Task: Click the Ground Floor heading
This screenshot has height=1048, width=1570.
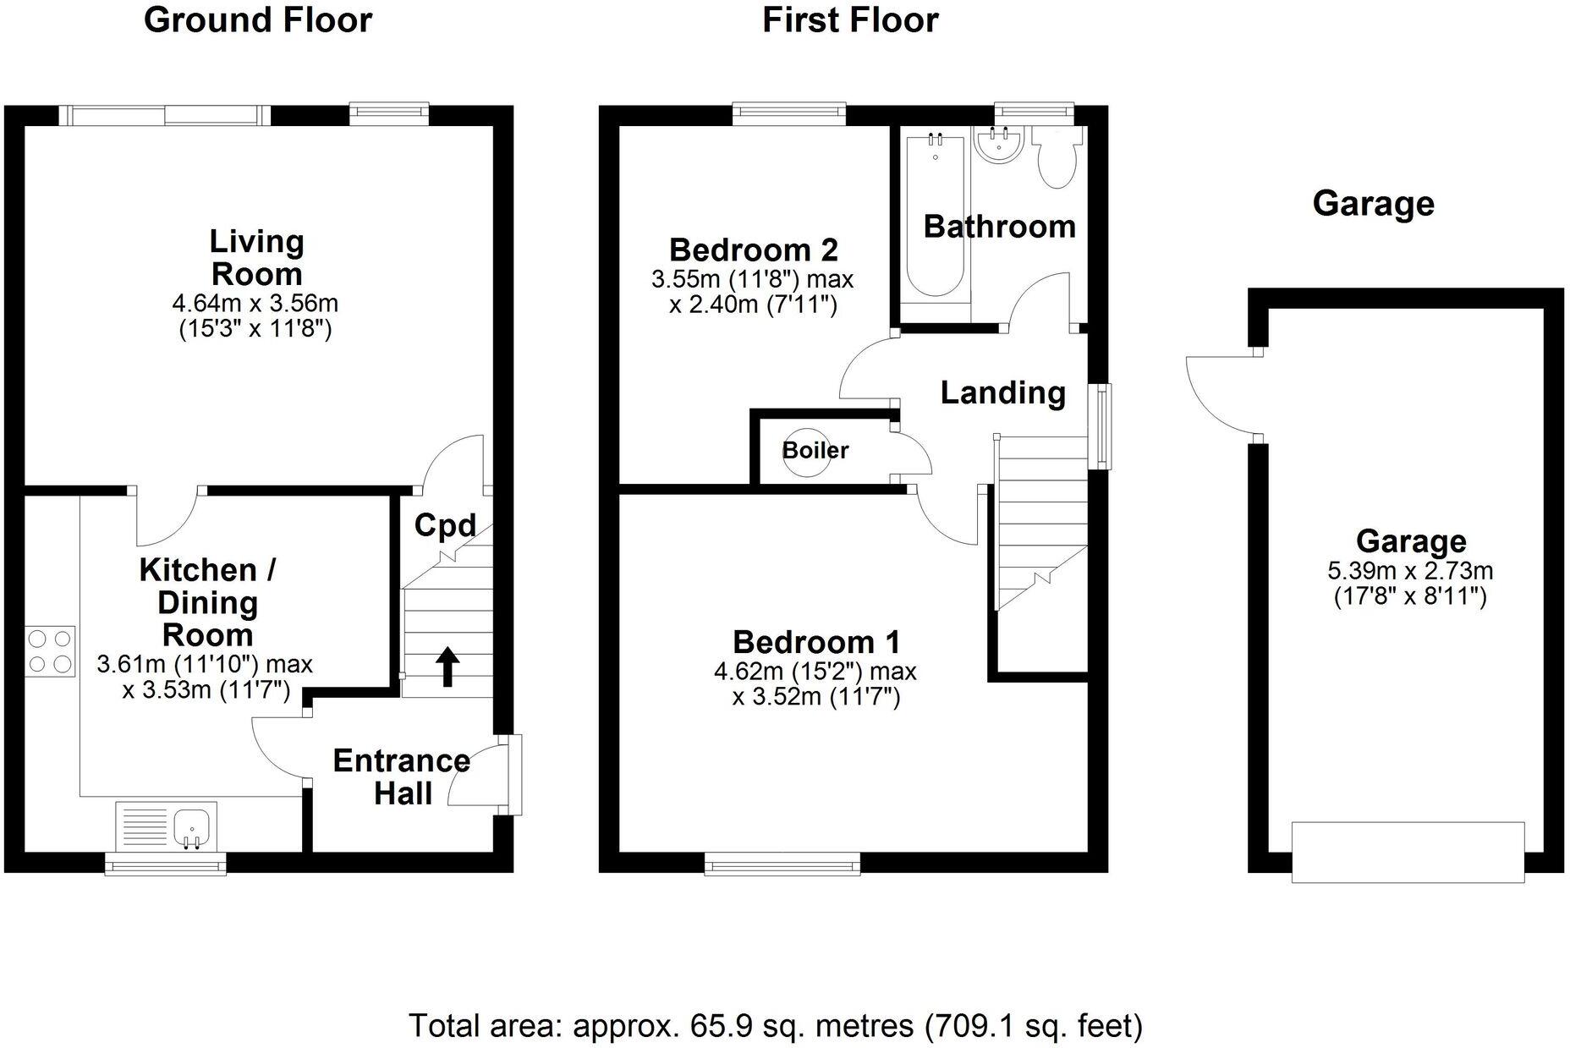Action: pos(257,20)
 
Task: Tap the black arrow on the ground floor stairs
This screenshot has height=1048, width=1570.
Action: pos(447,667)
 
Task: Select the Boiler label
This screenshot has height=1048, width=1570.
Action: pos(815,450)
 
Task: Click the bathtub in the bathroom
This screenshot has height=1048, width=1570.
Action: pos(935,216)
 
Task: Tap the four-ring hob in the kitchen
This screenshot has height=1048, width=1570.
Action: pos(50,650)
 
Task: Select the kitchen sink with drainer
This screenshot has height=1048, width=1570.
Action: pos(166,825)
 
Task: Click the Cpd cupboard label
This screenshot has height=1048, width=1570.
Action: pos(445,525)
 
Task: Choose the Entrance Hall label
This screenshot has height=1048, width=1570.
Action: pos(401,776)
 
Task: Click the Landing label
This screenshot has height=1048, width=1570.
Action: pos(1002,392)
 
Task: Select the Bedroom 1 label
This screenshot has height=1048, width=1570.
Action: pos(815,642)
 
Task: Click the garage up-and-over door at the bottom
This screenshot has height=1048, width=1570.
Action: pos(1407,852)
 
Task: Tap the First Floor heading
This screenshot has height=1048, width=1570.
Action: pos(849,20)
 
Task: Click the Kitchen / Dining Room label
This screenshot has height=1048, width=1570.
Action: pos(207,602)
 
